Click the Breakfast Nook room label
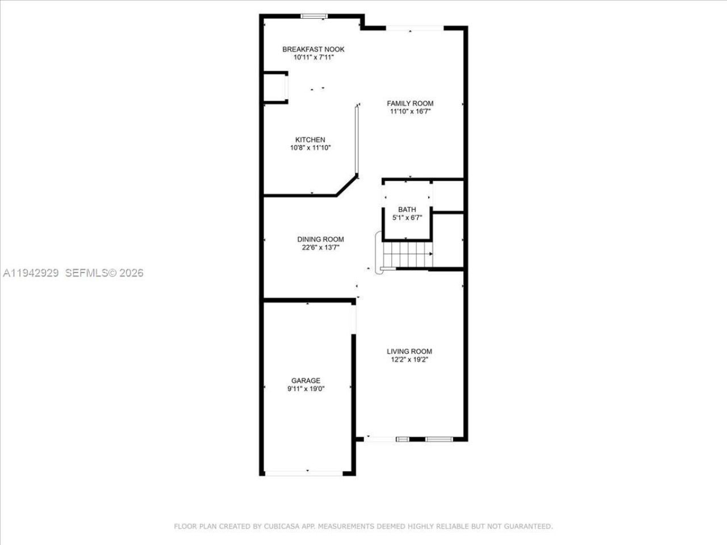[x=313, y=49]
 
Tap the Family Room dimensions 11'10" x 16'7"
[x=410, y=112]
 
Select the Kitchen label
[x=310, y=140]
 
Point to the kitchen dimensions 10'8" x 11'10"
[x=310, y=148]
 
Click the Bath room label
[x=407, y=209]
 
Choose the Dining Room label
[x=320, y=239]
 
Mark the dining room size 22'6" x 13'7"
[x=320, y=248]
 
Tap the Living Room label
[x=410, y=351]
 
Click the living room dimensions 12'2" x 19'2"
[x=410, y=359]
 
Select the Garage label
[x=306, y=380]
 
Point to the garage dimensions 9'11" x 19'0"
[x=306, y=389]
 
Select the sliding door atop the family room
[x=414, y=28]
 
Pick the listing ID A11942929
[x=31, y=273]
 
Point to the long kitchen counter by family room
[x=357, y=141]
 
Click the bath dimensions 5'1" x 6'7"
[x=407, y=218]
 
